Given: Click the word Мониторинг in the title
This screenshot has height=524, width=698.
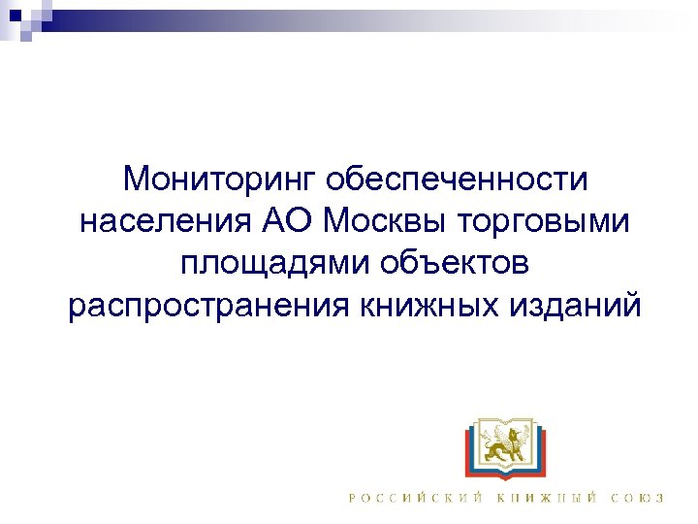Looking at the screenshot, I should (221, 180).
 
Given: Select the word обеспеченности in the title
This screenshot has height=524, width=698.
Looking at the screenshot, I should (458, 180).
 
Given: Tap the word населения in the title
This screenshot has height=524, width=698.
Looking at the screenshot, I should (163, 221).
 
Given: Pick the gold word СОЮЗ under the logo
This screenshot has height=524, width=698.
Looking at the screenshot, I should (637, 498).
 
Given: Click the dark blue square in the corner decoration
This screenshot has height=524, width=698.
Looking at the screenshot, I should (13, 13).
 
